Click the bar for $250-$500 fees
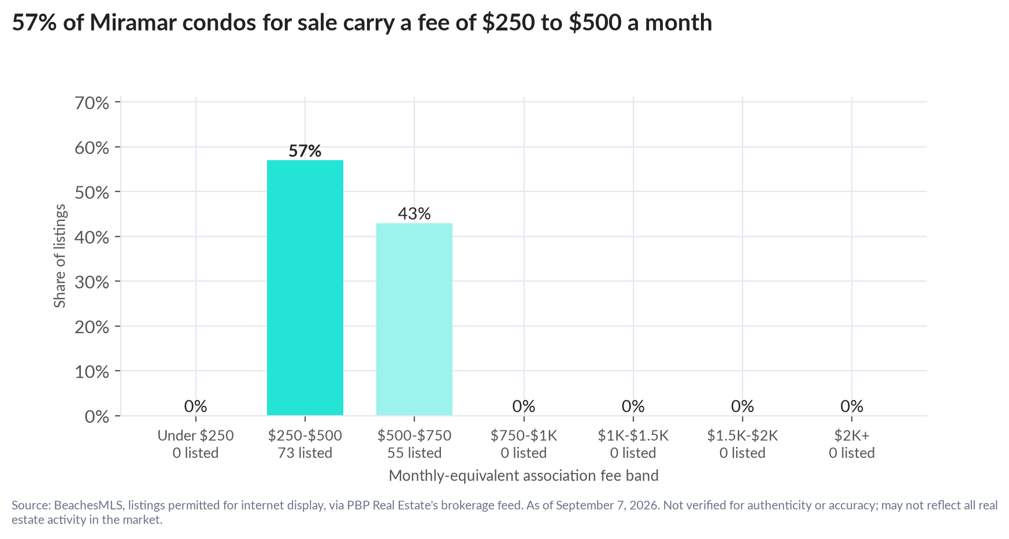[305, 287]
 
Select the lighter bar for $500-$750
[414, 319]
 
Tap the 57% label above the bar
[305, 151]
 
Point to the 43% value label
[414, 214]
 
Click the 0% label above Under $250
[196, 407]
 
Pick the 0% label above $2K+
[852, 407]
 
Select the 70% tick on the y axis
[92, 103]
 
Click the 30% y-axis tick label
[92, 282]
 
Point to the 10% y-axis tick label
[92, 372]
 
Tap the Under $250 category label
[196, 435]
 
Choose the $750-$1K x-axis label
[524, 435]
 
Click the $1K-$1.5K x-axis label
[633, 435]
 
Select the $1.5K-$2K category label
[743, 435]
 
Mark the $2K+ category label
[852, 435]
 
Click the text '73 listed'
[305, 453]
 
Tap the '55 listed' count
[414, 453]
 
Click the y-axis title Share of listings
[60, 256]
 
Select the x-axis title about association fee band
[524, 476]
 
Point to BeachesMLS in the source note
[89, 505]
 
